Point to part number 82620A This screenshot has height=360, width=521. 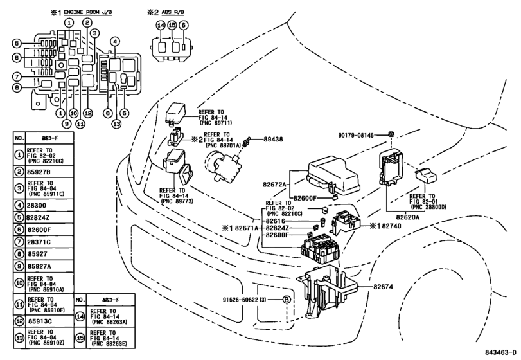click(400, 217)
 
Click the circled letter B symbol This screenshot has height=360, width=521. click(287, 300)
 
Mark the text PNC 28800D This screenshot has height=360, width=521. click(430, 207)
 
